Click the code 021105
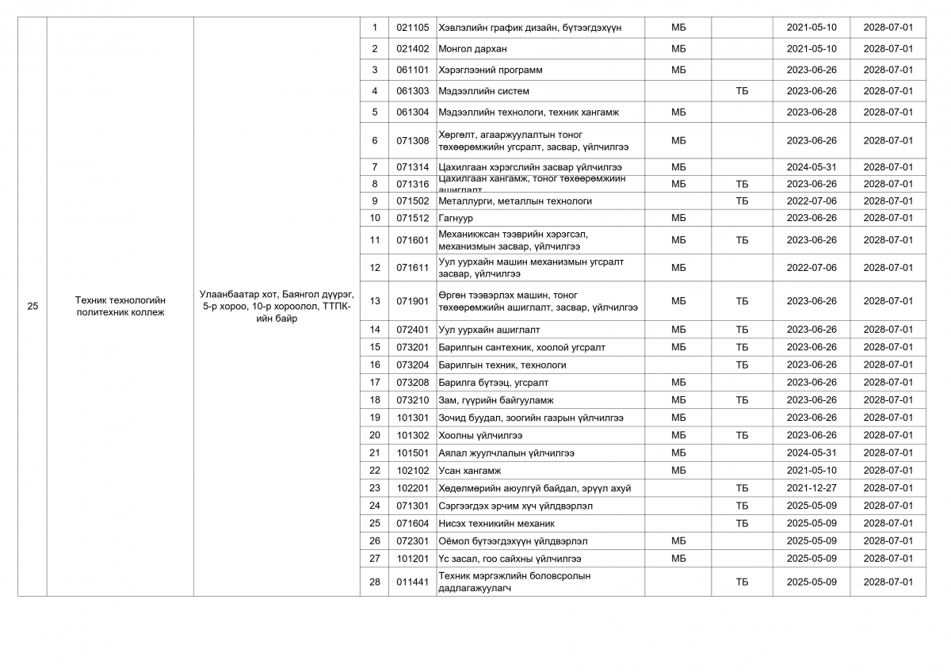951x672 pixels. [412, 28]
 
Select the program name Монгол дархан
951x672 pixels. [472, 49]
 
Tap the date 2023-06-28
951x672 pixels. [811, 113]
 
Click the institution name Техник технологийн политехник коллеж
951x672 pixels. [120, 306]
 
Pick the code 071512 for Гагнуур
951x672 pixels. [412, 218]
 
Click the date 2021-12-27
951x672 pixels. [811, 488]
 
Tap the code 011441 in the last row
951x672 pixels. [412, 582]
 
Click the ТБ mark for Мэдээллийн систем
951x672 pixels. [742, 91]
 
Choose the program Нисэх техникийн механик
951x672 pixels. [496, 523]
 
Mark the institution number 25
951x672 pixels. [32, 306]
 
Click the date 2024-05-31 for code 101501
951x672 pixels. [811, 453]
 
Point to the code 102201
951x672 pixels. [412, 488]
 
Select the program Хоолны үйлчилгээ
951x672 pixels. [480, 435]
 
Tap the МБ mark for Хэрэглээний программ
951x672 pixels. [678, 70]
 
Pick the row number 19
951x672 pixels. [375, 418]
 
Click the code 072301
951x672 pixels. [412, 541]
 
